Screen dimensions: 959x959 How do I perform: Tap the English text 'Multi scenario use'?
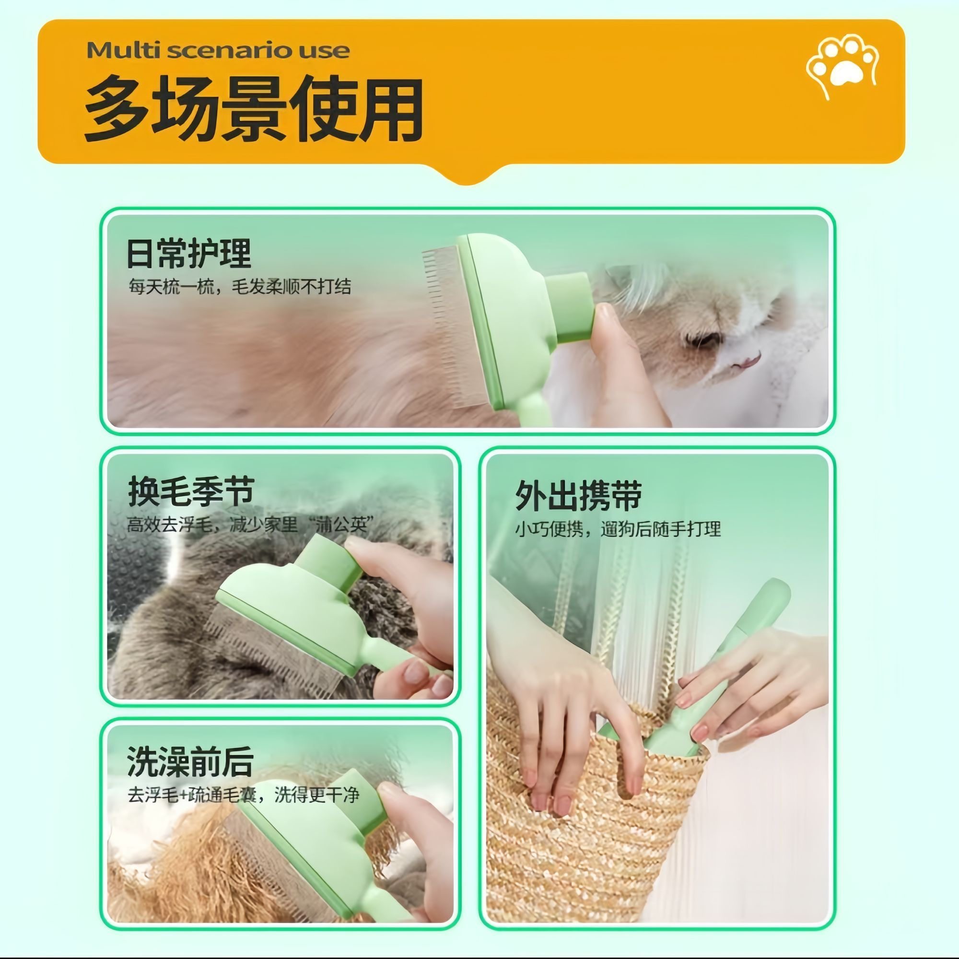(x=218, y=50)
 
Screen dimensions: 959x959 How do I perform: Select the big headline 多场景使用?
(x=253, y=109)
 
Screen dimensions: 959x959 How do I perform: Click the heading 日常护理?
(x=188, y=254)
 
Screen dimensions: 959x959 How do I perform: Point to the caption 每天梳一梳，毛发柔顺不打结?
(x=240, y=286)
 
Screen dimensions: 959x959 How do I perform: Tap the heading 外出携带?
(x=578, y=495)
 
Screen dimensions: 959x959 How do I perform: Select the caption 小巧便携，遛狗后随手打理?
(x=618, y=529)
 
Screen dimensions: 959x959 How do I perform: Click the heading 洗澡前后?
(x=190, y=761)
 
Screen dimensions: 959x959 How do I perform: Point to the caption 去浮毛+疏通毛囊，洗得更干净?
(x=243, y=795)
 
